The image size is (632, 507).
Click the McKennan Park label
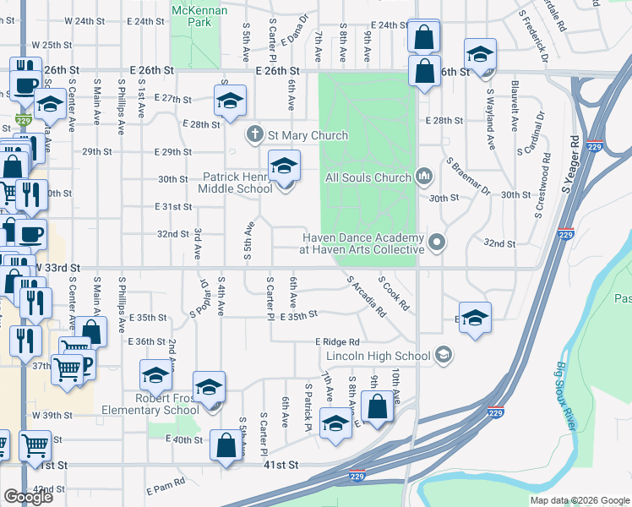[192, 16]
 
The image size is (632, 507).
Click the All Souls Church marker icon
[424, 177]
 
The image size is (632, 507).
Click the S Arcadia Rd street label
[366, 297]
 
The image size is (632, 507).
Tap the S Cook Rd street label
[394, 293]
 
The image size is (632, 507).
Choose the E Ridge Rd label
[338, 341]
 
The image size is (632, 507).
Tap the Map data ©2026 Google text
[580, 500]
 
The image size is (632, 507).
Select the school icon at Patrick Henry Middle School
[285, 166]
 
